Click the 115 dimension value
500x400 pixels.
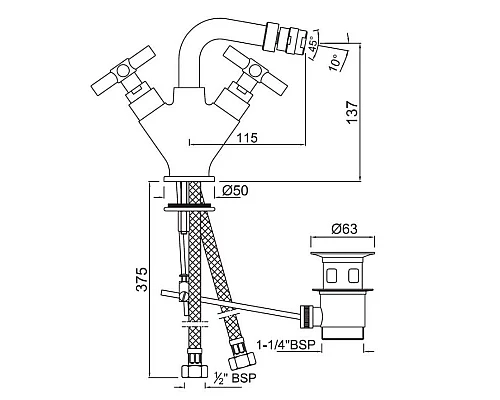coord(247,137)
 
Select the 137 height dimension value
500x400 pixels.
coord(352,113)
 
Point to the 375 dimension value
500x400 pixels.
coord(142,279)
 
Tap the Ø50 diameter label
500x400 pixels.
coord(235,191)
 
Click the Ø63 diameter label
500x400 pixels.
coord(344,229)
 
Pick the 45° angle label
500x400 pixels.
coord(314,44)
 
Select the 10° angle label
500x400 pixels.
coord(335,62)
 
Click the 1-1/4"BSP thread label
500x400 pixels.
coord(286,345)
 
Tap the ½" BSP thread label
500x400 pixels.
coord(235,378)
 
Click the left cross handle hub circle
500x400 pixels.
coord(122,71)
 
